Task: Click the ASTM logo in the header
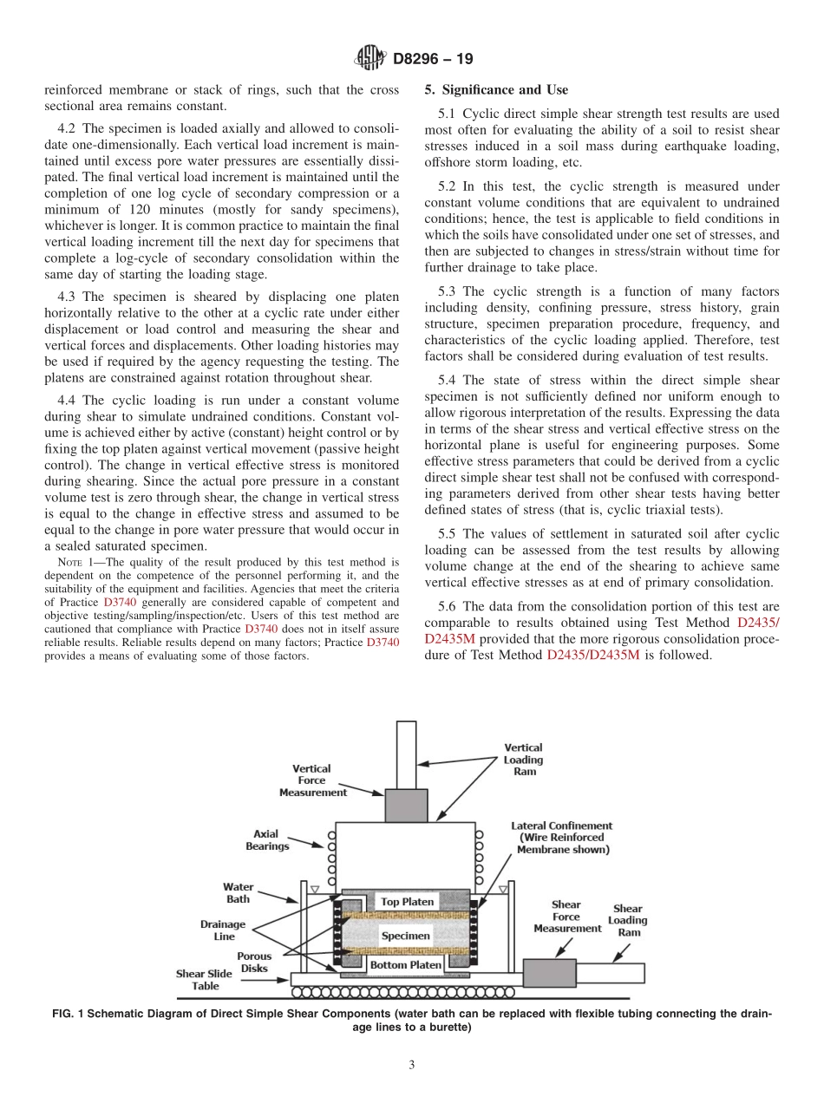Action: point(370,59)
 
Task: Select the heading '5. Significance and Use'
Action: point(496,90)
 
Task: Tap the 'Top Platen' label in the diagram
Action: point(407,902)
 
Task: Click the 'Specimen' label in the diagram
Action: point(405,936)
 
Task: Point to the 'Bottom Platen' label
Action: point(406,964)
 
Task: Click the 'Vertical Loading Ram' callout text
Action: point(524,759)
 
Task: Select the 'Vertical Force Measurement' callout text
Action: point(312,780)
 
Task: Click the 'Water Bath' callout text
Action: point(238,892)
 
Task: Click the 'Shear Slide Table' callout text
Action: point(204,979)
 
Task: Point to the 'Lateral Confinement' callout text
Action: point(561,838)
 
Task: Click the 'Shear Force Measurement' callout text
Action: point(566,916)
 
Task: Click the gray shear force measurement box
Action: point(549,973)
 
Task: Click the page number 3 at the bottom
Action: point(412,1065)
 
